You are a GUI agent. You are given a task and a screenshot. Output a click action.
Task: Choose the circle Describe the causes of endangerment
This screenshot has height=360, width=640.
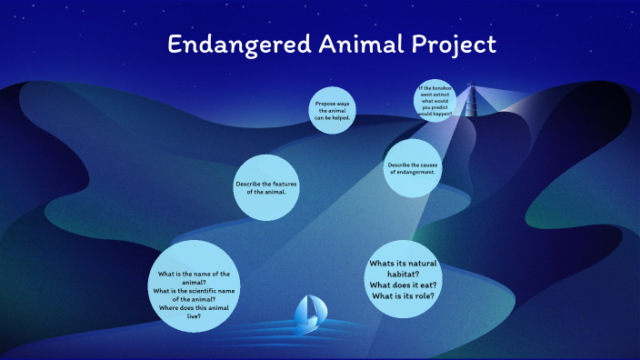click(412, 167)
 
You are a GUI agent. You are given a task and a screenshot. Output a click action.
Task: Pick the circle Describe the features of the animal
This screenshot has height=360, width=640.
click(266, 188)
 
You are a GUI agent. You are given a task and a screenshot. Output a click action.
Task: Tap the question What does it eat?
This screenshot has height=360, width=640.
click(407, 285)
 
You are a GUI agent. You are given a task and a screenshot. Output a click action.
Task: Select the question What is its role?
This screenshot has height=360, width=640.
click(406, 295)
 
